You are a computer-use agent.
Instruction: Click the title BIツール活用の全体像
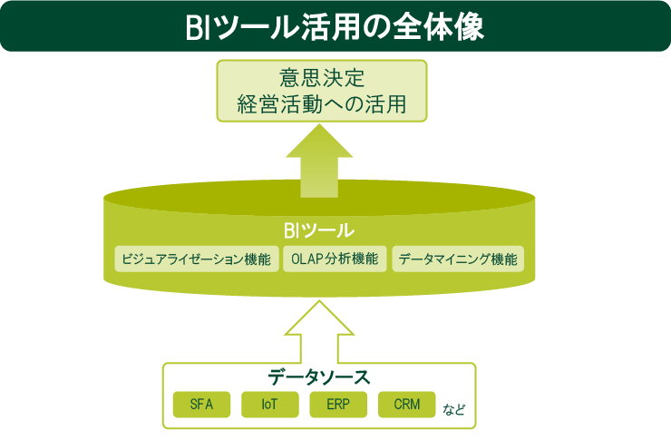335,25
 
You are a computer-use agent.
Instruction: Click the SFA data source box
202,404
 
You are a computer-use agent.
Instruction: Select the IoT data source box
269,404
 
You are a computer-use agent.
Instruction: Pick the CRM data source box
407,404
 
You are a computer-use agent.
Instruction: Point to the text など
455,408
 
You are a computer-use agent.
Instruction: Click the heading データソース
319,376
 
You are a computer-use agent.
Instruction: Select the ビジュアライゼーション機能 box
196,259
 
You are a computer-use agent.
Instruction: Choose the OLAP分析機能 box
335,259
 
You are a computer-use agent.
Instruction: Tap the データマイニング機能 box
458,259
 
